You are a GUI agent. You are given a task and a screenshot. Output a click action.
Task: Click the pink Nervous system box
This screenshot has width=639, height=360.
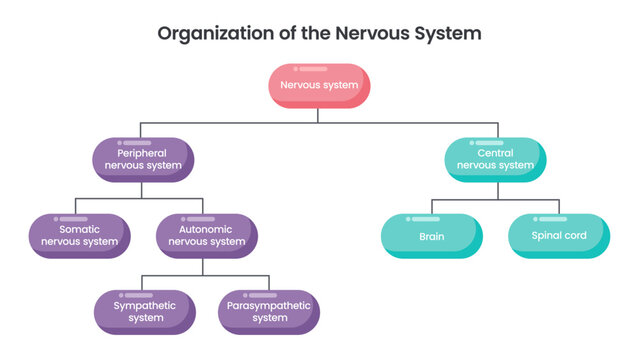coord(319,85)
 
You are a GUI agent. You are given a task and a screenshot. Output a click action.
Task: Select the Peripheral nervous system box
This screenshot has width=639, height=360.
coord(143,159)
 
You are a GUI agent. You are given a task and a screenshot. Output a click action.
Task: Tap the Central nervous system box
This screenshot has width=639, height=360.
coord(495,159)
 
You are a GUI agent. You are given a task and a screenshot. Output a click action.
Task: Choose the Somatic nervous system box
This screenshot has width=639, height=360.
coord(79,235)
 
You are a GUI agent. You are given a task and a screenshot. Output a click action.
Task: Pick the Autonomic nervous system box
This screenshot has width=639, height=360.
coord(206,235)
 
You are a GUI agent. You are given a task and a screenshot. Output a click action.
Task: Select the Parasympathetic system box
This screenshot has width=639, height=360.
coord(269,311)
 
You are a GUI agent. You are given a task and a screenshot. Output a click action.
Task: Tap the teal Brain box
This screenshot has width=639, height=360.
coord(432,237)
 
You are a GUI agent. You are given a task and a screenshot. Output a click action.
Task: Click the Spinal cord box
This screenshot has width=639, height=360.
coord(559,237)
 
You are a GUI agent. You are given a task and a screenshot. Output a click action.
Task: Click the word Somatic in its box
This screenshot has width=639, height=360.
coord(78,229)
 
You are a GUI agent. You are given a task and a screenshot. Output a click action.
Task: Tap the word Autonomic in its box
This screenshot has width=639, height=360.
coord(206,229)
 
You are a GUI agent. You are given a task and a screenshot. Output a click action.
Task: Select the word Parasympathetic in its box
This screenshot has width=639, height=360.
coord(269,305)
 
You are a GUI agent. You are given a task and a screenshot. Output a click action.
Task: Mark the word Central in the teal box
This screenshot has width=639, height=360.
coord(495,153)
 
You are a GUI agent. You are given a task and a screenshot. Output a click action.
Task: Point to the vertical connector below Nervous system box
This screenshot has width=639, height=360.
coord(319,114)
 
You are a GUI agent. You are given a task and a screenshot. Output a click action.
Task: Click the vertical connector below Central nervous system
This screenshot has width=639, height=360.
coord(495,190)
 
